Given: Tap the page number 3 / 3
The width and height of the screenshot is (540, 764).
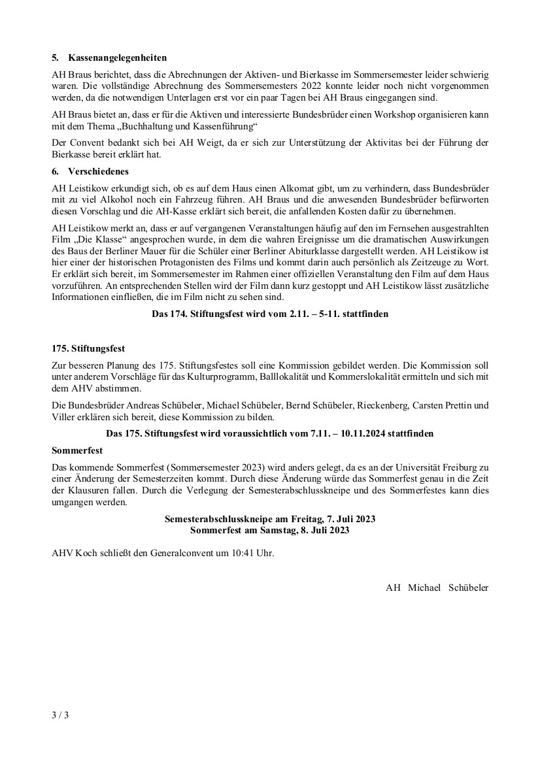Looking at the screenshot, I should [60, 715].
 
